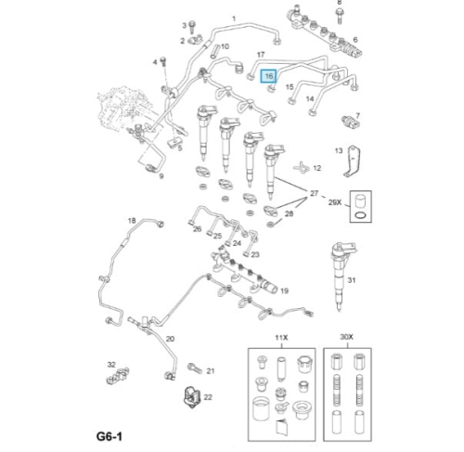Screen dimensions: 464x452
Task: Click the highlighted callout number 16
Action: [x=268, y=76]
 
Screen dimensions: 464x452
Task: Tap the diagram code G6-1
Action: [x=110, y=436]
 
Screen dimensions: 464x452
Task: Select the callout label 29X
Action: [x=335, y=202]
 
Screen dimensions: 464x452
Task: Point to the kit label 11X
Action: [x=281, y=338]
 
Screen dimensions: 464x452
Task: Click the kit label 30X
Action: [x=346, y=337]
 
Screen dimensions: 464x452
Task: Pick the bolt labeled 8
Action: [x=340, y=15]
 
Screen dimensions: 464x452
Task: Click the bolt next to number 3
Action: [x=192, y=26]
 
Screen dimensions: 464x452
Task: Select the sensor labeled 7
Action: [x=351, y=123]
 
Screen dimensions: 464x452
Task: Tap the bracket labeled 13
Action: [x=353, y=161]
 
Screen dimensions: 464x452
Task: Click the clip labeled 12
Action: [x=302, y=167]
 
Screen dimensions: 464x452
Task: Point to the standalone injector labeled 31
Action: [x=341, y=276]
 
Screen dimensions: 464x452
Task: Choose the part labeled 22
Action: [x=192, y=397]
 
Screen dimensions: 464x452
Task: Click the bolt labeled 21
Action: [x=195, y=368]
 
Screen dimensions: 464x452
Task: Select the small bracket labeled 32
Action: [x=118, y=375]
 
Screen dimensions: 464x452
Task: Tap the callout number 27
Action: [x=314, y=193]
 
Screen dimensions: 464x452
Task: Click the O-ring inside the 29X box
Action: [x=361, y=215]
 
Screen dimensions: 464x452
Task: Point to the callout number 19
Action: [x=284, y=291]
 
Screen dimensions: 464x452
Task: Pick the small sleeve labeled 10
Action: [x=214, y=51]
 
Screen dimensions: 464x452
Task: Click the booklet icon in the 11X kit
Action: [x=282, y=426]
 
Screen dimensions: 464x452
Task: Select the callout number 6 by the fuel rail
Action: [x=355, y=40]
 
